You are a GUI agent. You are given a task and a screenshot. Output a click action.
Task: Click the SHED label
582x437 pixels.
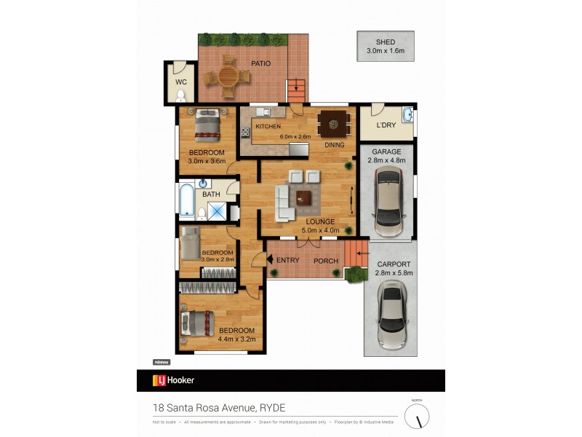(x=386, y=42)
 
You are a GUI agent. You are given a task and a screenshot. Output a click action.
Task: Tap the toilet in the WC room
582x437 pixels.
(x=181, y=95)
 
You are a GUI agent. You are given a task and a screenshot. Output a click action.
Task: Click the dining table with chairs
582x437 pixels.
(x=334, y=124)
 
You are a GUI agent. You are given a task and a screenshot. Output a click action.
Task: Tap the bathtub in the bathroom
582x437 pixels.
(x=185, y=202)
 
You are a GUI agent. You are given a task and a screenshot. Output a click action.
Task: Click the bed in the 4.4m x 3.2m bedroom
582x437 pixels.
(x=196, y=324)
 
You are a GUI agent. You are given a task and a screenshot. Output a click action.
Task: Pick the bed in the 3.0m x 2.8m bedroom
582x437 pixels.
(x=191, y=243)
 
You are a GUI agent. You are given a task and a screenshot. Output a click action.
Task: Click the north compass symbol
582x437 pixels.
(x=417, y=416)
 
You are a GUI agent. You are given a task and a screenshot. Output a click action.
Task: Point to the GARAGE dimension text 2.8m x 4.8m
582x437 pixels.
(x=386, y=160)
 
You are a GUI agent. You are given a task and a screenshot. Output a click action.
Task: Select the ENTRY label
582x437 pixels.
(x=288, y=261)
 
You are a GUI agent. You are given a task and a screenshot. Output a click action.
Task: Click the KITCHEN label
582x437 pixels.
(x=268, y=127)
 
